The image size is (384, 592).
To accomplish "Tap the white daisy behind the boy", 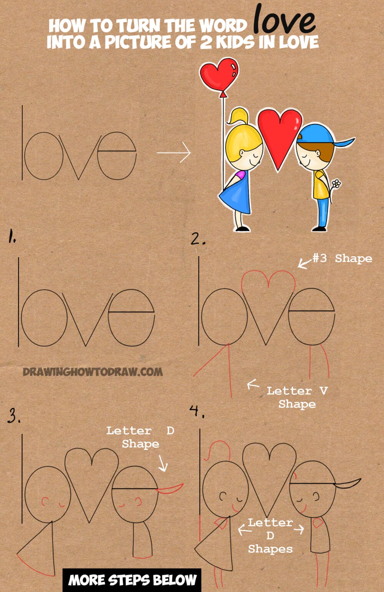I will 336,184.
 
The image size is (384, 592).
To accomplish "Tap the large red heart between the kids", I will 279,133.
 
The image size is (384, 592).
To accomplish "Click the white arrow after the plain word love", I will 174,153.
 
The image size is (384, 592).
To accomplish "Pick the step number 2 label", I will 198,240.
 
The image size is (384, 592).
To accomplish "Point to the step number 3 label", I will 14,416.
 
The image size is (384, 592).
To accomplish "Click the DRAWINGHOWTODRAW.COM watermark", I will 93,372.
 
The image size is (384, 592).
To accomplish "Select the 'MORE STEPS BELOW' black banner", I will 132,580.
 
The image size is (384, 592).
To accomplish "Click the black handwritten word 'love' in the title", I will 285,20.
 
